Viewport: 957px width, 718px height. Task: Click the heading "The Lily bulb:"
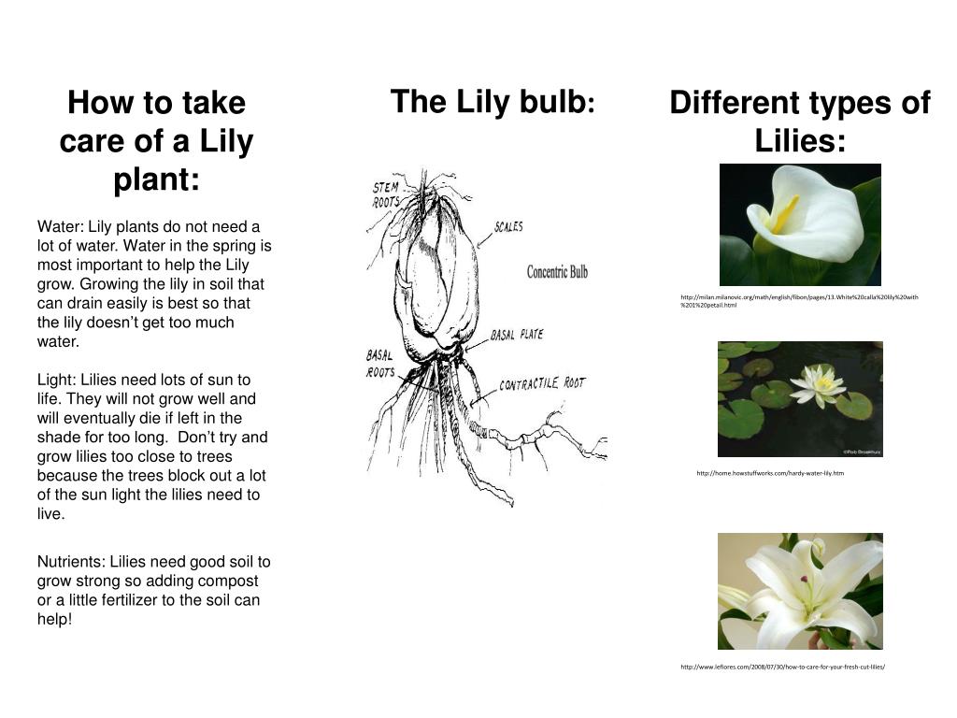point(493,101)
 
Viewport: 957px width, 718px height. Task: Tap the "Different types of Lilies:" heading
point(800,122)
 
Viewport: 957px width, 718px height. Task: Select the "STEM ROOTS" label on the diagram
point(386,195)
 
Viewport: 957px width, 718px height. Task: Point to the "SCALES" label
point(508,227)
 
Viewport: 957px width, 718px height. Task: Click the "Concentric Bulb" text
point(557,272)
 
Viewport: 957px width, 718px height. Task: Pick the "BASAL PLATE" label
point(516,335)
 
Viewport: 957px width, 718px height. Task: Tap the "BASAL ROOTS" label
point(379,363)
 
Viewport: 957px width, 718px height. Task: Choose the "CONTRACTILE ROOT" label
point(542,383)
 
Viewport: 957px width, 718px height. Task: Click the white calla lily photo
point(800,224)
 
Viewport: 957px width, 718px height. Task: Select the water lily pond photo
point(800,399)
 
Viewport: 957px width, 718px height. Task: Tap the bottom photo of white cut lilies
point(800,591)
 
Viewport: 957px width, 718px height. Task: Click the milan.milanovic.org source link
point(799,301)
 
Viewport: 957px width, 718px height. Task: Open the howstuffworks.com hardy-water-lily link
point(770,473)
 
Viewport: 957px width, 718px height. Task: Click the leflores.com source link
point(782,667)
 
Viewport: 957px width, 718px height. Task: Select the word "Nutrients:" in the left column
point(71,562)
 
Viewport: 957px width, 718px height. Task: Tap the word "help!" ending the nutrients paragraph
point(54,619)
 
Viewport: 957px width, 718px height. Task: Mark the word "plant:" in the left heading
point(156,179)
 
